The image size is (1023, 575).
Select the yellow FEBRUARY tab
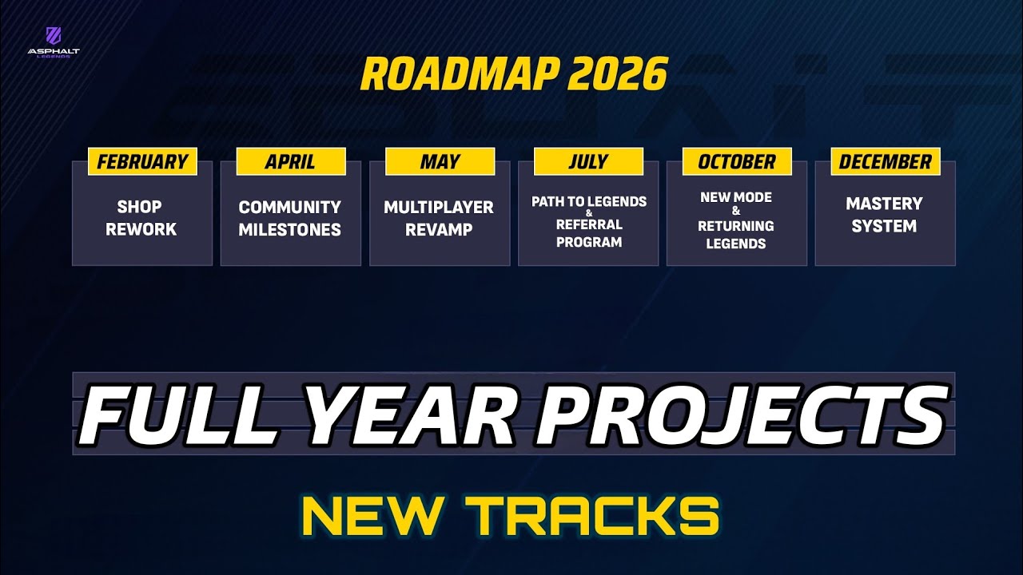(142, 162)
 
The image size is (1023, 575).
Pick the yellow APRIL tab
(290, 162)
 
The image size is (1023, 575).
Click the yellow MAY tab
(440, 162)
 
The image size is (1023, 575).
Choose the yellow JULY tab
(588, 162)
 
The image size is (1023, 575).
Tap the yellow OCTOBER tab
(737, 162)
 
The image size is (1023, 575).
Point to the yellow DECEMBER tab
(886, 162)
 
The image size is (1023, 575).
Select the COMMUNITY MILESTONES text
(290, 218)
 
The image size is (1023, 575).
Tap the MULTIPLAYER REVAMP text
(439, 218)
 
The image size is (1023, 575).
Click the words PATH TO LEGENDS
(589, 202)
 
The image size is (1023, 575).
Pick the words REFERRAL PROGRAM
(589, 233)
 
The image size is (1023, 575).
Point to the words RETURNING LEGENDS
(736, 235)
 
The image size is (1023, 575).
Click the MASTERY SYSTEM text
(884, 215)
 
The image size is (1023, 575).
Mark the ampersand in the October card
(736, 212)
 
